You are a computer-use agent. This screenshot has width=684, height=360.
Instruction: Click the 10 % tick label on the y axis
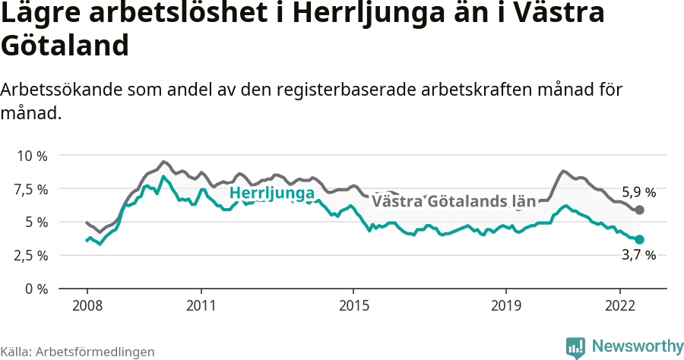point(32,156)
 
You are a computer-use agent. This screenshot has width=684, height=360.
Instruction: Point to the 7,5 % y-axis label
point(32,188)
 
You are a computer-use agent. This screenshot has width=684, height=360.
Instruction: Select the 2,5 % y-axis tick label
point(32,255)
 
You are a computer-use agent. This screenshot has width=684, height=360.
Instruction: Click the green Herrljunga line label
point(271,194)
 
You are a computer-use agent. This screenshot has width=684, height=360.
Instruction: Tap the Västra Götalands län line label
point(454,201)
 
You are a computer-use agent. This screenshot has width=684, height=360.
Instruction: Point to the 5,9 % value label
point(638,192)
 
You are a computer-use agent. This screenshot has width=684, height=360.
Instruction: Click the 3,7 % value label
point(638,255)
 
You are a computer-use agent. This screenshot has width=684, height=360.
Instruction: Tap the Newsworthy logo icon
point(575,347)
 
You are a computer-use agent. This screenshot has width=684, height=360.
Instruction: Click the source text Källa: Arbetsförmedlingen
point(78,352)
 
